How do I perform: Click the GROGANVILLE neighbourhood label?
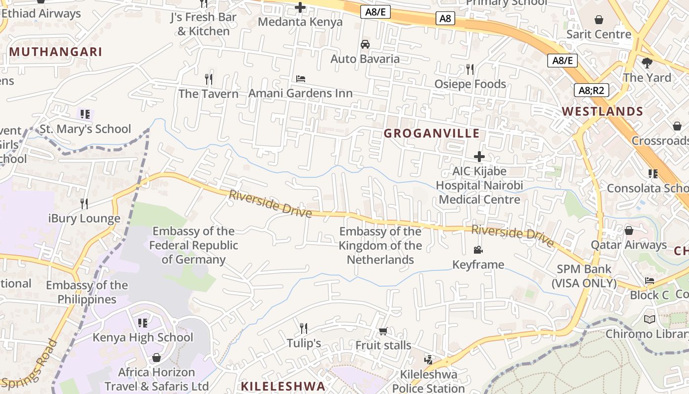click(x=431, y=133)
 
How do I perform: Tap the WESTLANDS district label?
click(x=602, y=111)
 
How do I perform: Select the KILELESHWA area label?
click(x=283, y=386)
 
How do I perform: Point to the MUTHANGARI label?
click(x=56, y=52)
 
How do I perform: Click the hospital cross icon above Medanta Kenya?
click(x=300, y=7)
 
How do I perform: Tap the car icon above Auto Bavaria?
click(x=365, y=44)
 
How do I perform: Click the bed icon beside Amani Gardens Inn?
click(x=301, y=79)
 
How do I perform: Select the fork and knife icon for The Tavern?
click(x=209, y=79)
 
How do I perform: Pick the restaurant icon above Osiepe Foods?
click(x=470, y=69)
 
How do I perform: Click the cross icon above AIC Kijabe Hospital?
click(x=479, y=157)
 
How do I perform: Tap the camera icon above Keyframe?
click(x=478, y=250)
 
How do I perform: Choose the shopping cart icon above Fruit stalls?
click(x=383, y=331)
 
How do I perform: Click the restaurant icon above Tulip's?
click(x=304, y=328)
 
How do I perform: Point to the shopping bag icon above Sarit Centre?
click(x=599, y=20)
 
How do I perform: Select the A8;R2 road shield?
click(x=591, y=90)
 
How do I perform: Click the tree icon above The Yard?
click(x=647, y=63)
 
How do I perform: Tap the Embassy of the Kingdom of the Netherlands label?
click(x=380, y=245)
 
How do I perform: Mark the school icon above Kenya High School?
click(x=143, y=323)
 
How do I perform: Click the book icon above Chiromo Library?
click(x=650, y=319)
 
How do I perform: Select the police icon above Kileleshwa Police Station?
click(x=428, y=360)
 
